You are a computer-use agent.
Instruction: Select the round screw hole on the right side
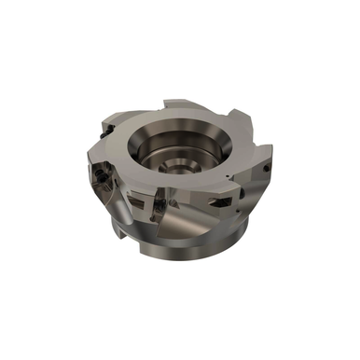(x=266, y=169)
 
